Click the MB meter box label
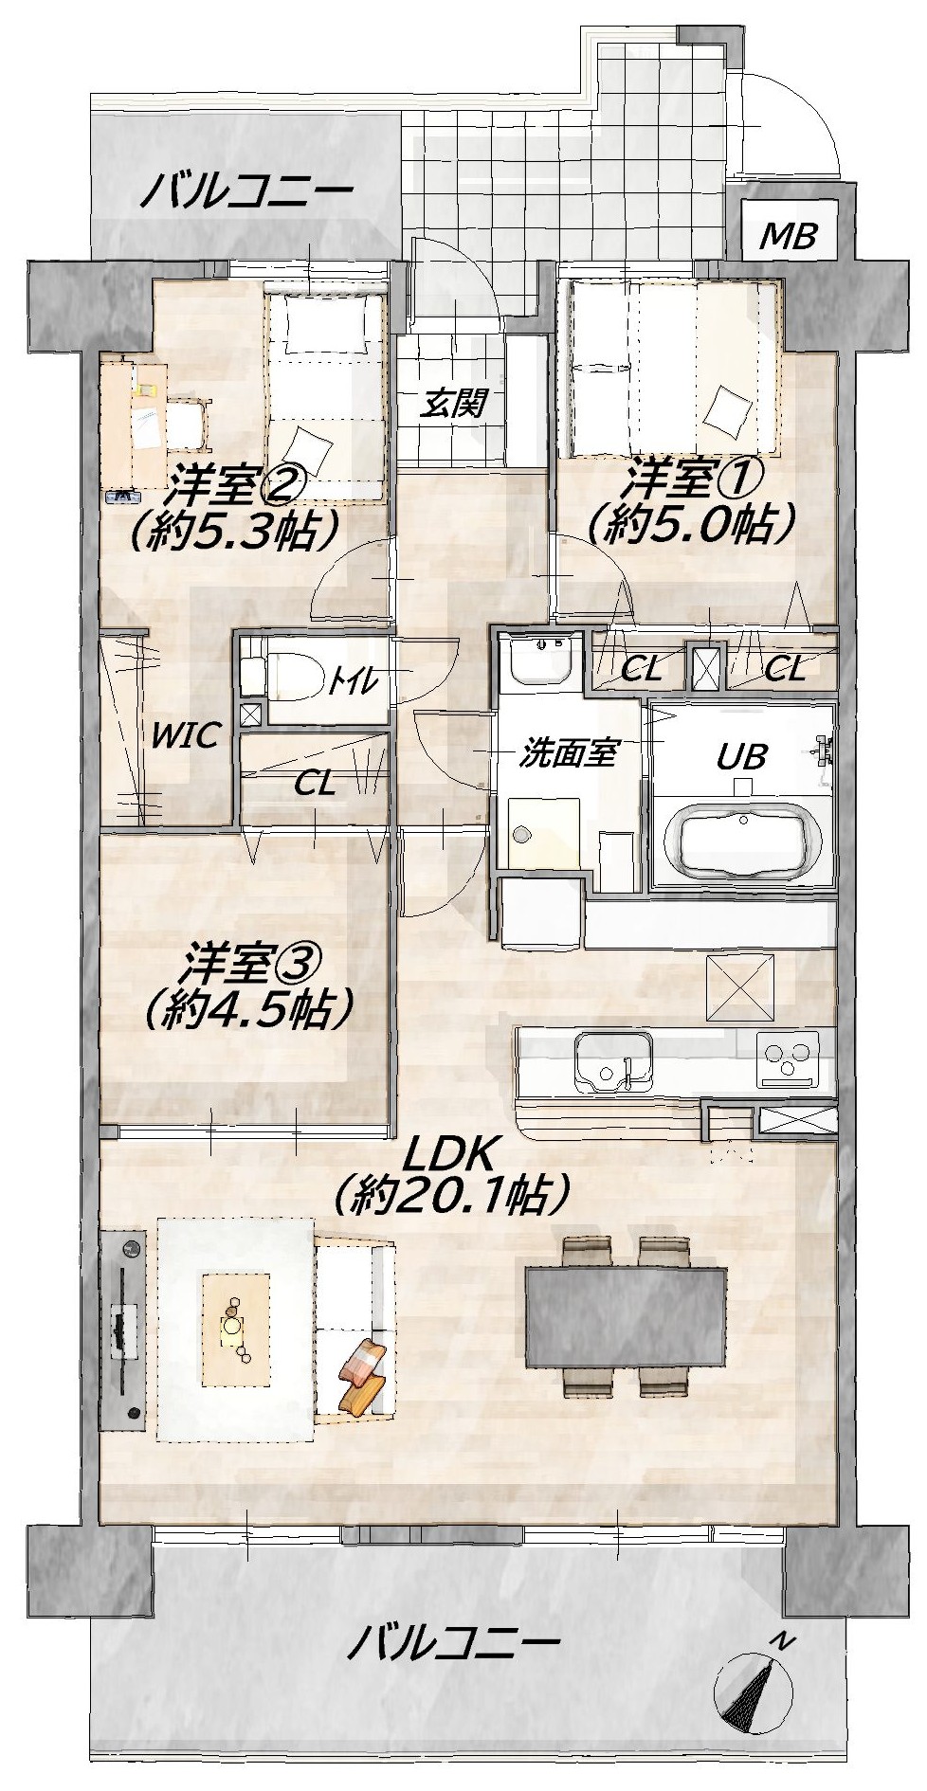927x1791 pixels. (789, 234)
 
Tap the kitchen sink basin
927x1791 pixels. (613, 1062)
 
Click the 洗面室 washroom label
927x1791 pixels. (569, 753)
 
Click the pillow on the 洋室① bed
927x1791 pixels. (728, 409)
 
